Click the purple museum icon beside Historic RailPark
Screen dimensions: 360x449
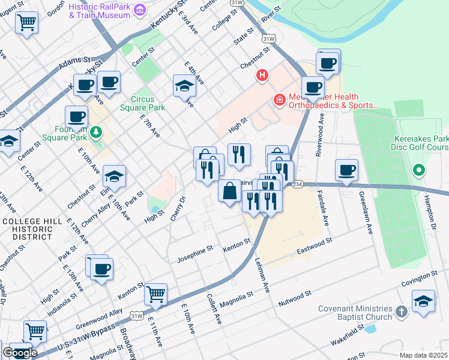pyautogui.click(x=140, y=10)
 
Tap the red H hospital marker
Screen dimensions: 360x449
pyautogui.click(x=262, y=76)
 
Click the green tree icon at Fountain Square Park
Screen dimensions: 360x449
pyautogui.click(x=96, y=131)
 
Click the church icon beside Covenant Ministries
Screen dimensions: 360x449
pyautogui.click(x=402, y=312)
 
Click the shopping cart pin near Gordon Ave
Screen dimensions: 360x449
pyautogui.click(x=26, y=23)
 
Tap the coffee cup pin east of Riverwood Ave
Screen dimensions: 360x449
pyautogui.click(x=346, y=170)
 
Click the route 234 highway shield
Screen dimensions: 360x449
pyautogui.click(x=298, y=185)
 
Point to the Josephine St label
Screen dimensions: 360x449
pyautogui.click(x=195, y=257)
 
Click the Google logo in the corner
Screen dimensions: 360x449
pyautogui.click(x=19, y=353)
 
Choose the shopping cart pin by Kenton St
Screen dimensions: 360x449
pyautogui.click(x=155, y=294)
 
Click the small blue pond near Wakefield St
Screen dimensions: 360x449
pyautogui.click(x=370, y=329)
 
